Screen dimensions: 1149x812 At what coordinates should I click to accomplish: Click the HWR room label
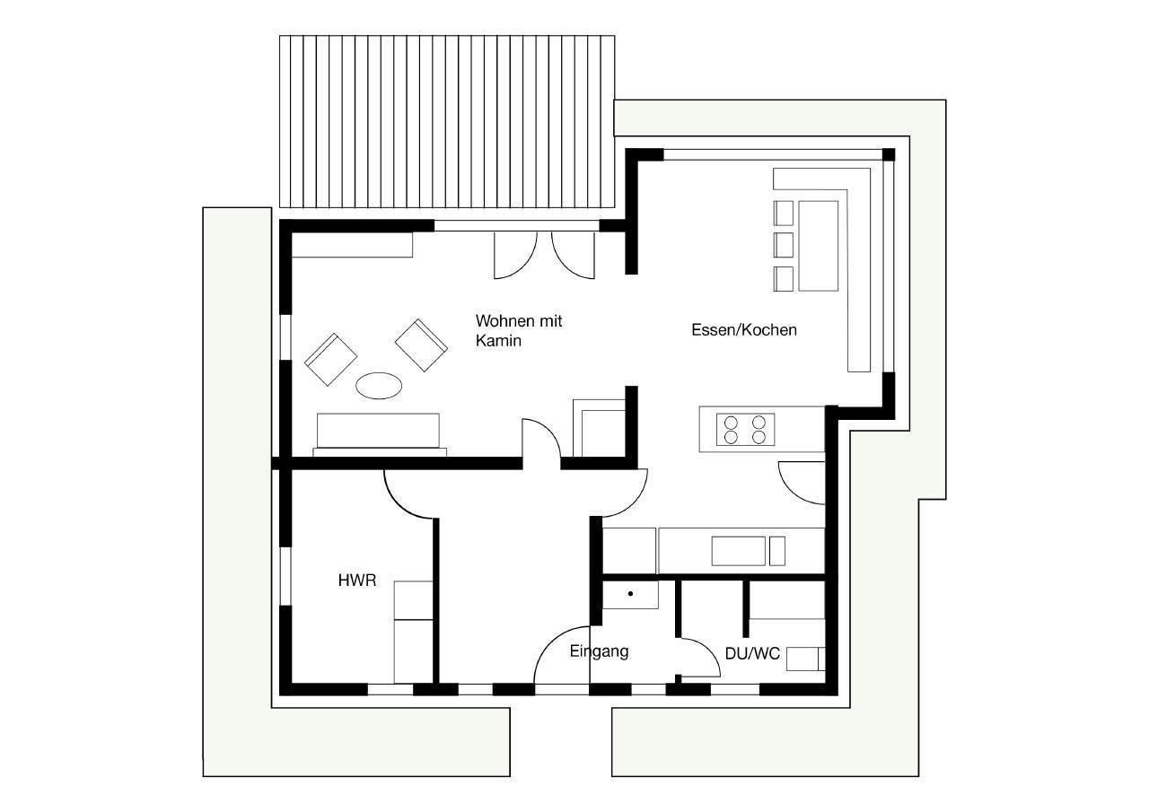point(357,581)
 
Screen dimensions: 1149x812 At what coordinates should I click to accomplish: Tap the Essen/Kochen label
point(744,329)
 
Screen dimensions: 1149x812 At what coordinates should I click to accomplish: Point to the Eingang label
point(599,651)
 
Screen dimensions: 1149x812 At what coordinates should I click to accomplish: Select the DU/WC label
point(752,653)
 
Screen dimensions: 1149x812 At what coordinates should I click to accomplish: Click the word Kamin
point(498,340)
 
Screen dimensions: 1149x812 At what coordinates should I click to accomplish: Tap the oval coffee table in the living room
point(379,386)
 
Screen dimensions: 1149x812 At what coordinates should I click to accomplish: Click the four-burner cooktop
point(745,430)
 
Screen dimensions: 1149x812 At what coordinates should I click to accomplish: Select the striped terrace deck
point(447,121)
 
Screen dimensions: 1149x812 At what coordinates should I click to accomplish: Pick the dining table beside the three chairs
point(818,246)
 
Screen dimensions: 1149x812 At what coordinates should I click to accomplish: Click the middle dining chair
point(784,245)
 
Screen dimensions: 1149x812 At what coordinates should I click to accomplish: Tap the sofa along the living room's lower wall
point(379,434)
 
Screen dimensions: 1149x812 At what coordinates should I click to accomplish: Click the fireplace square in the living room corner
point(599,427)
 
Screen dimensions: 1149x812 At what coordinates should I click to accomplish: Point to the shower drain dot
point(630,594)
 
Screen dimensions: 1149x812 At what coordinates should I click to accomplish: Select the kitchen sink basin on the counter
point(738,551)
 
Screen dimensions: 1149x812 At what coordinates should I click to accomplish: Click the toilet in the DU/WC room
point(806,659)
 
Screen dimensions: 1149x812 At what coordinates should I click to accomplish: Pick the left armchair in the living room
point(331,360)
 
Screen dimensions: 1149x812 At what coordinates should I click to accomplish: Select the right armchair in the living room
point(421,345)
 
